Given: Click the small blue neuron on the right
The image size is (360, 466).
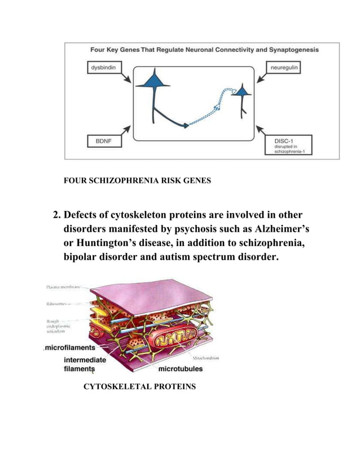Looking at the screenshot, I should (x=243, y=91).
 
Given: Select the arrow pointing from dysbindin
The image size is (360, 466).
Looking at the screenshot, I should (x=125, y=76).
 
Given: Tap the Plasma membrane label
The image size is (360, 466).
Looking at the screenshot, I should (x=62, y=288).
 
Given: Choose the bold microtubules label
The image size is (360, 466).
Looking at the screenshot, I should (x=180, y=369).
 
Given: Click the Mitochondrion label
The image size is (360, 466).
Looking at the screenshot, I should (x=205, y=358).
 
